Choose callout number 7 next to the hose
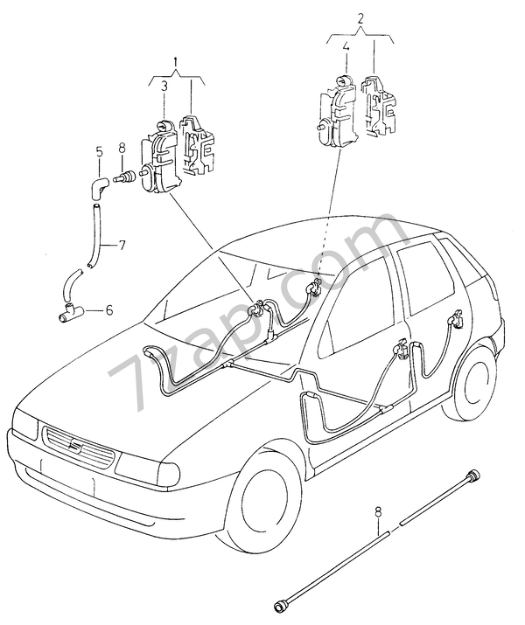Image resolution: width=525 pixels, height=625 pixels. click(122, 245)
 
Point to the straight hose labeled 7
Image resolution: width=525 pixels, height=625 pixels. click(93, 232)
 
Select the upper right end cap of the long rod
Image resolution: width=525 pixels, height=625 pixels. click(473, 474)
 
